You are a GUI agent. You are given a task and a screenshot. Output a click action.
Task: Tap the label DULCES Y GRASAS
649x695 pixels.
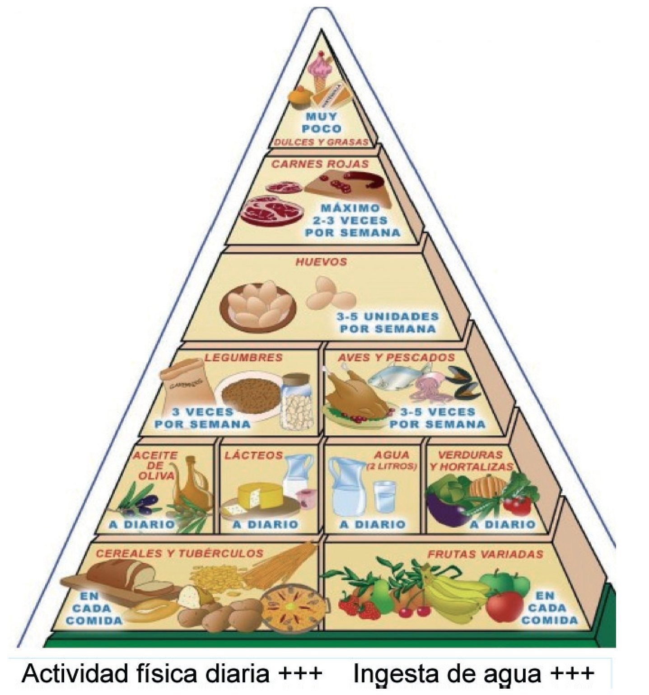(x=320, y=142)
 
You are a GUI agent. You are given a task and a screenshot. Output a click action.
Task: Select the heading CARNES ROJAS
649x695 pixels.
(x=320, y=164)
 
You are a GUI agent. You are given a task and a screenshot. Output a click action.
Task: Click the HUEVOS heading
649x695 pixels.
(x=321, y=262)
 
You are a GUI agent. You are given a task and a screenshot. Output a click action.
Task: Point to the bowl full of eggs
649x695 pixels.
(x=258, y=306)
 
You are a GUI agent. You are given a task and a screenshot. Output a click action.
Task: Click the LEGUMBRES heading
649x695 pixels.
(x=243, y=357)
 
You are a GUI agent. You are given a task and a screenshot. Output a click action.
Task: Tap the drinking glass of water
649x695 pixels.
(x=384, y=496)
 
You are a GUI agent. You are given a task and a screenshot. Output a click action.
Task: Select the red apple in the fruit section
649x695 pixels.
(x=504, y=606)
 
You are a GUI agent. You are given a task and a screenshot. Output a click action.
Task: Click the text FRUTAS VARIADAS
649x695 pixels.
(x=485, y=554)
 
